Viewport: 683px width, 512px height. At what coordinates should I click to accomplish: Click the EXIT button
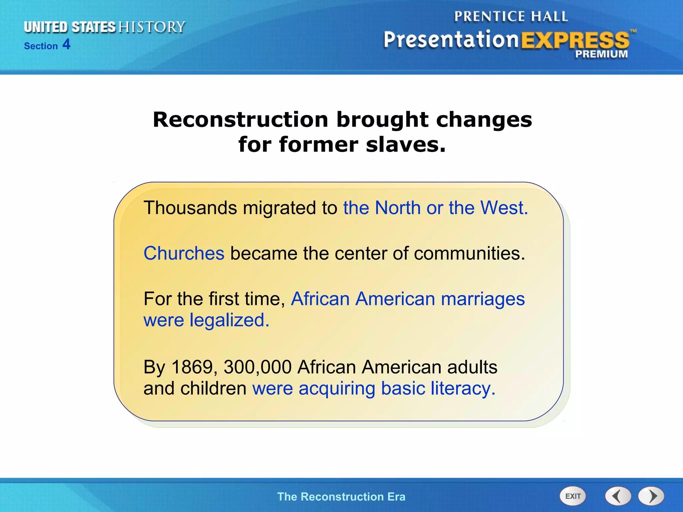(573, 496)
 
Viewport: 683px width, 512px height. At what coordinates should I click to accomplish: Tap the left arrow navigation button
(618, 496)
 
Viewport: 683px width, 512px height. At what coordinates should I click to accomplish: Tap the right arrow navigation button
(651, 496)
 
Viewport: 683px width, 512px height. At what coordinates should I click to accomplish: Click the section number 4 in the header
(66, 44)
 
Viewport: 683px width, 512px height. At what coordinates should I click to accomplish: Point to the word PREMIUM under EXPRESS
(601, 54)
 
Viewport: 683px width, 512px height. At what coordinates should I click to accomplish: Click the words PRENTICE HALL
(511, 17)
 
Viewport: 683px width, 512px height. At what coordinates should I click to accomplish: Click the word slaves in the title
(406, 145)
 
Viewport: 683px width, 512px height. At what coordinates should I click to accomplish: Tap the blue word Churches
(184, 253)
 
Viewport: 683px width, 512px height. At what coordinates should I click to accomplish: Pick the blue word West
(504, 208)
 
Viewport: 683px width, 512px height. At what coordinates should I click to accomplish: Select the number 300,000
(257, 367)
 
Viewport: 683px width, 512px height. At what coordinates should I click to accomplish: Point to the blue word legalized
(229, 320)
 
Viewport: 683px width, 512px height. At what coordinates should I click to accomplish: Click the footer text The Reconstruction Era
(341, 497)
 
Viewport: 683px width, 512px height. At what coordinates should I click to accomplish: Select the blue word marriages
(483, 299)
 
